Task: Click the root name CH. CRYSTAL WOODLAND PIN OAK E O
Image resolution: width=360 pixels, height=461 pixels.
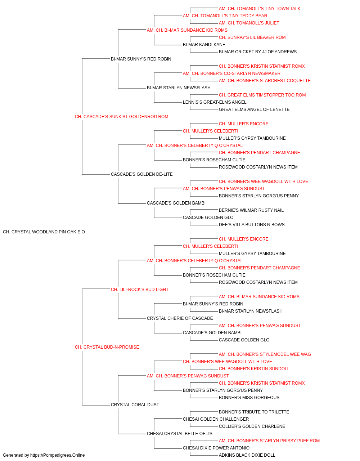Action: click(44, 232)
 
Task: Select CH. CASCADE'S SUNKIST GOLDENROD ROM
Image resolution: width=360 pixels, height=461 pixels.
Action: click(121, 117)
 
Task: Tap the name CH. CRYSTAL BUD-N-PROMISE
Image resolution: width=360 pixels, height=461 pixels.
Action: click(107, 347)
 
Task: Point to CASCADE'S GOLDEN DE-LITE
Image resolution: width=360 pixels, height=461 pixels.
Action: click(141, 174)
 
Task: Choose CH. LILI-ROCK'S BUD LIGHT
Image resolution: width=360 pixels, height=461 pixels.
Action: click(140, 289)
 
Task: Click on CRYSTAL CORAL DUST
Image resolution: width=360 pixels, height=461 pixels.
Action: click(135, 404)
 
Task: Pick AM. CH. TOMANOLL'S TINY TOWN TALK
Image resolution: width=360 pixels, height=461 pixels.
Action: click(260, 9)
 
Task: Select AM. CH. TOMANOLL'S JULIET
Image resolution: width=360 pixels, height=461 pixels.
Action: click(249, 23)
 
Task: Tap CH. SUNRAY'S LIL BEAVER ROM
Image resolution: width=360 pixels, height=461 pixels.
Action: click(252, 37)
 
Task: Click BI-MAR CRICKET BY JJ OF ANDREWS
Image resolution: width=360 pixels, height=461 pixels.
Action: click(258, 52)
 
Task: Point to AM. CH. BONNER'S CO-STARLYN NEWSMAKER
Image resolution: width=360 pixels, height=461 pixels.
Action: click(231, 73)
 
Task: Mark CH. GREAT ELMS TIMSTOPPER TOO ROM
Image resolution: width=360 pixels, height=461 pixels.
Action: click(262, 95)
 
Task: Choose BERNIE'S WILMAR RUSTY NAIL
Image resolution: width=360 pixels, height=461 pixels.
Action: click(251, 210)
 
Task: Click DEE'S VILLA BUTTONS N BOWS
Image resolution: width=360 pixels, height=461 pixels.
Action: click(252, 225)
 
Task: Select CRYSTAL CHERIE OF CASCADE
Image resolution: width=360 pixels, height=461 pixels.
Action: click(180, 318)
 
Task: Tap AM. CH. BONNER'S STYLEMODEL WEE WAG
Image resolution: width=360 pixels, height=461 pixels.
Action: click(265, 354)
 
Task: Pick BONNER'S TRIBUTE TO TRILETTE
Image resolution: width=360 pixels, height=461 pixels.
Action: click(254, 412)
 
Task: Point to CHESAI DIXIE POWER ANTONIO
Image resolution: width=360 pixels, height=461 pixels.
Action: click(216, 448)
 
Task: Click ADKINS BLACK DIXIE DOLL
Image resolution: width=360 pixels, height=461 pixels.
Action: click(247, 455)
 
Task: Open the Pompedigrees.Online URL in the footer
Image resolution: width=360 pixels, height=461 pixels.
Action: click(58, 455)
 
